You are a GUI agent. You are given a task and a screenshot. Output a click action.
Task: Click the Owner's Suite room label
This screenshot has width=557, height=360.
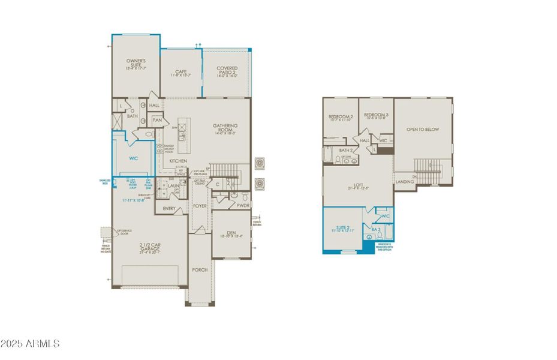click(x=136, y=62)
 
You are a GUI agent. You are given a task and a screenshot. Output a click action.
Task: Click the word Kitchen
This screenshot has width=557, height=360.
click(x=178, y=161)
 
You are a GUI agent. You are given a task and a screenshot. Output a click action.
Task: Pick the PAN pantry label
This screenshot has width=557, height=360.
click(x=157, y=120)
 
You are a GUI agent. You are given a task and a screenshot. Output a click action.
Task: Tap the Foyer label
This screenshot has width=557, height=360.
click(x=200, y=206)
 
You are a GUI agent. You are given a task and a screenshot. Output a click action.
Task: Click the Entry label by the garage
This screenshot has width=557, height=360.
click(x=169, y=209)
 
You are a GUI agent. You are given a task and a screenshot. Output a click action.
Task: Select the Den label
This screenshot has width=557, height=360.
click(x=230, y=233)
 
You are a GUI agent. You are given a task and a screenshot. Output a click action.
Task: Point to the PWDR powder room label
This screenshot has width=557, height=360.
click(x=243, y=205)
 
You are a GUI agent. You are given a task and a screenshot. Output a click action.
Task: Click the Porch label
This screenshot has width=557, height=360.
click(x=199, y=270)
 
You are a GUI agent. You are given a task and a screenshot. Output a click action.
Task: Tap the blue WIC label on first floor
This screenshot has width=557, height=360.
click(x=134, y=159)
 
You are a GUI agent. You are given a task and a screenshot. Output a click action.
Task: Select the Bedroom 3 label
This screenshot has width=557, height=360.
click(x=377, y=115)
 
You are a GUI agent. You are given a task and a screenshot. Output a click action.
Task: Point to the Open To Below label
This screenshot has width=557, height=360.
click(x=422, y=129)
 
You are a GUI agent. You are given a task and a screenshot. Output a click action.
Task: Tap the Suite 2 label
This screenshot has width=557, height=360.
click(x=343, y=227)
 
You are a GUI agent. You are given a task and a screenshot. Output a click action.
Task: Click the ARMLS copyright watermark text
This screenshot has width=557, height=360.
click(x=30, y=344)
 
